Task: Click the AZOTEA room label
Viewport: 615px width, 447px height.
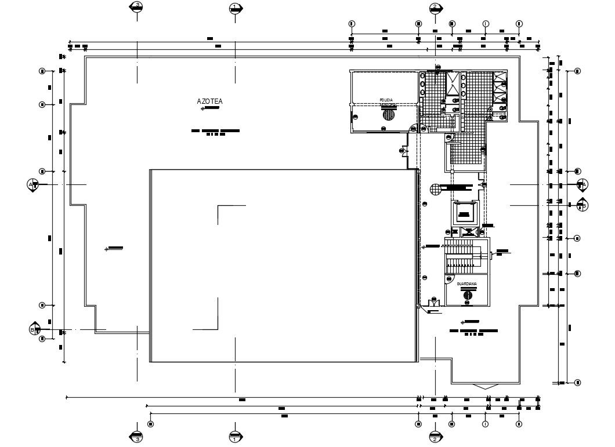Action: [209, 101]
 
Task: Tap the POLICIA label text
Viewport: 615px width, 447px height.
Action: [386, 100]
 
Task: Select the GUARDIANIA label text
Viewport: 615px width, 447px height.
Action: [467, 284]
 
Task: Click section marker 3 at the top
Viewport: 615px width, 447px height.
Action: [137, 7]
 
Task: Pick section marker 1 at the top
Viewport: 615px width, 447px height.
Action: [235, 8]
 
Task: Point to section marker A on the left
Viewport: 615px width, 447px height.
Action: [33, 184]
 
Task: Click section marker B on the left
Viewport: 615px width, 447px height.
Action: [34, 329]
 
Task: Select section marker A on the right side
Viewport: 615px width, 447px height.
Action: [583, 184]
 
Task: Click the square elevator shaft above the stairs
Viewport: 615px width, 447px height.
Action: [464, 213]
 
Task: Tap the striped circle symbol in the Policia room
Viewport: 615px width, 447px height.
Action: [388, 114]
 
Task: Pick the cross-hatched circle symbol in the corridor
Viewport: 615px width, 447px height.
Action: [435, 188]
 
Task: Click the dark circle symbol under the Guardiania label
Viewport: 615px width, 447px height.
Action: [468, 295]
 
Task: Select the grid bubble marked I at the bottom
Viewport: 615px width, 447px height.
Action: [485, 424]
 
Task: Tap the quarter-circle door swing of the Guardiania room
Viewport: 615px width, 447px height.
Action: [450, 279]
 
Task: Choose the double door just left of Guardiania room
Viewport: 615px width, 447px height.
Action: [433, 302]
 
